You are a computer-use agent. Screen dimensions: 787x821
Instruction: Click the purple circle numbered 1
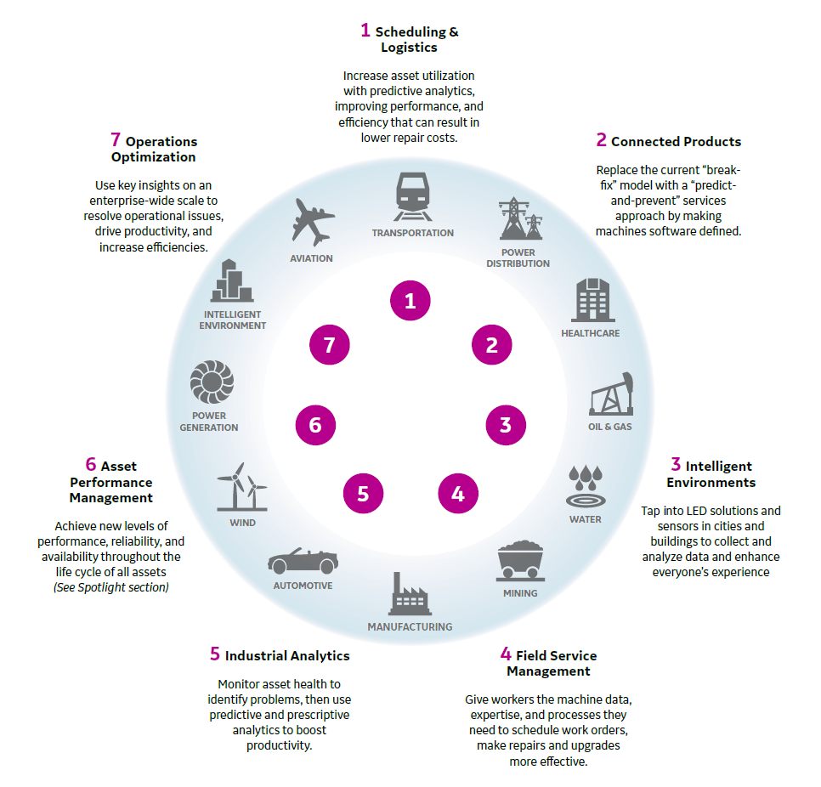pos(410,300)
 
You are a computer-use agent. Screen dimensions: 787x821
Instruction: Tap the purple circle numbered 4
pos(458,493)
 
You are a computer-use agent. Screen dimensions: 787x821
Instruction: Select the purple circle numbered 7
pos(329,344)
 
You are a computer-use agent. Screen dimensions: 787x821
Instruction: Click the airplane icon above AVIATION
pos(312,222)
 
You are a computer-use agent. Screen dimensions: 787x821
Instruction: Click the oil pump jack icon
pos(611,393)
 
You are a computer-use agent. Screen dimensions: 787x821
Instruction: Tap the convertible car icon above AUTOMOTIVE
pos(302,560)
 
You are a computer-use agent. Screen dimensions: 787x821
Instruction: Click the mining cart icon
pos(519,562)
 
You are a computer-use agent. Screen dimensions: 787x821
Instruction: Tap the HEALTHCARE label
pos(590,333)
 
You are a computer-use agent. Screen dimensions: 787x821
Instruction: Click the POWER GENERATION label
pos(208,422)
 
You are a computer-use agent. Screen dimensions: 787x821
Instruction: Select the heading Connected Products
pos(668,141)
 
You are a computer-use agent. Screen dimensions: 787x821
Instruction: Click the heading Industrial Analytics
pos(280,654)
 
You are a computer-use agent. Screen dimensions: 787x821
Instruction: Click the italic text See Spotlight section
pos(110,587)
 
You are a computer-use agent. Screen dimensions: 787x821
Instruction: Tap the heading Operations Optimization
pos(154,149)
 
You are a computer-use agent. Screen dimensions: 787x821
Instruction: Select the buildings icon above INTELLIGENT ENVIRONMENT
pos(232,280)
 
